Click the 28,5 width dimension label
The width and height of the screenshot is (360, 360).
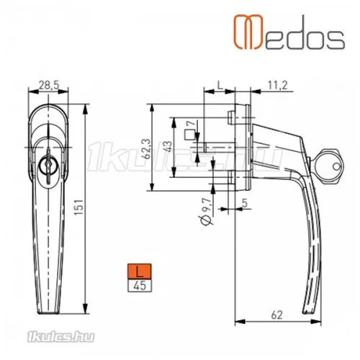coord(49,85)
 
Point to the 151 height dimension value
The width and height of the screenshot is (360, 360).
coord(78,207)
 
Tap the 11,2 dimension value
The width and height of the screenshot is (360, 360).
coord(277,85)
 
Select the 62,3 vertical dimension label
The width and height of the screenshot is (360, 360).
coord(148,149)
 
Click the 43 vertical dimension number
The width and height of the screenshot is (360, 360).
coord(168,147)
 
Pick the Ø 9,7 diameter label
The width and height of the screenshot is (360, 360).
coord(207,212)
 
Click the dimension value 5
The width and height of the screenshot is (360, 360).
coord(245,203)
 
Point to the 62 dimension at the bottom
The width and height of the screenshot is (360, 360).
coord(276,315)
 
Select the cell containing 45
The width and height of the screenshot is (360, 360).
coord(140,286)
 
